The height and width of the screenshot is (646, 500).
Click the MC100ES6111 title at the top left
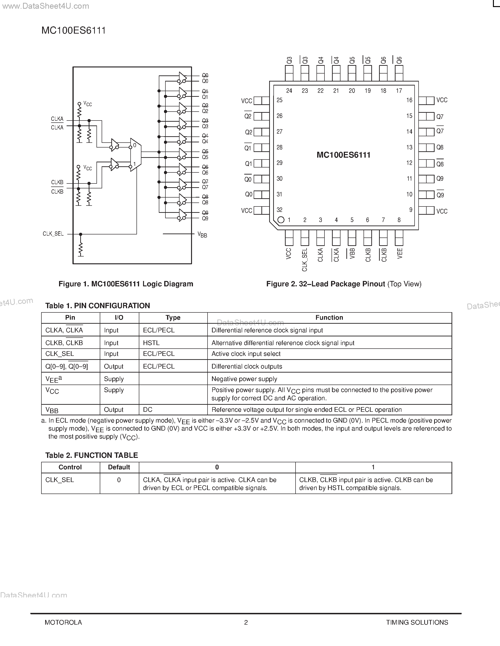[x=73, y=31]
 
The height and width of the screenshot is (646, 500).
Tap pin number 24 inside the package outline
[x=289, y=91]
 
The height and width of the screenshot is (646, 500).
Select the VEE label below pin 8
[x=400, y=253]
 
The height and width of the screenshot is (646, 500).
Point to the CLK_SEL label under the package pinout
[x=304, y=260]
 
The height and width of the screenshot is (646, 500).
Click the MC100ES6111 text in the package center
[x=343, y=155]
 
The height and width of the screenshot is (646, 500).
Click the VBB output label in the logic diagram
[x=202, y=235]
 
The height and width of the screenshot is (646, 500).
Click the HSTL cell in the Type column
[x=151, y=343]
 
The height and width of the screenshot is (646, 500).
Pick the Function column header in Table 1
[x=329, y=318]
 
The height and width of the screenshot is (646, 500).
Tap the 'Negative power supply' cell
[x=244, y=379]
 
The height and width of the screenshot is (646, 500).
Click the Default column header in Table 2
[x=119, y=467]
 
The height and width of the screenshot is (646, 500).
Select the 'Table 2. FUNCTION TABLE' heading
[x=92, y=455]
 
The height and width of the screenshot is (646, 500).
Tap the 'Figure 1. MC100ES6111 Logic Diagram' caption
[x=126, y=284]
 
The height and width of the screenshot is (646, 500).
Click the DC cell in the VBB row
[x=148, y=410]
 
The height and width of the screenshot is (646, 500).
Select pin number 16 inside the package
[x=409, y=100]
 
